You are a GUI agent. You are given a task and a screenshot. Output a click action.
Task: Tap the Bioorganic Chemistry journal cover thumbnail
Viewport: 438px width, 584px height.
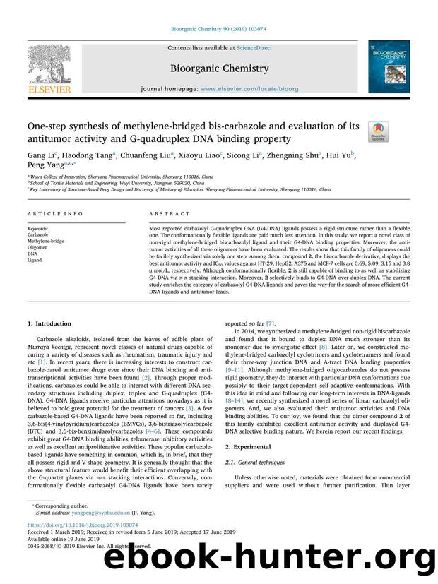coord(388,66)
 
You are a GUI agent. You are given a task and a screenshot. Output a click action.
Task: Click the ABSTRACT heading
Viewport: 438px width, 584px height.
coord(170,213)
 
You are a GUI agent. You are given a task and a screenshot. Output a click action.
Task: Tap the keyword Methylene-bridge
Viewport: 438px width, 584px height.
coord(48,240)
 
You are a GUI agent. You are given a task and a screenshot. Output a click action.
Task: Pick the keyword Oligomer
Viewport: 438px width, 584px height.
coord(40,246)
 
